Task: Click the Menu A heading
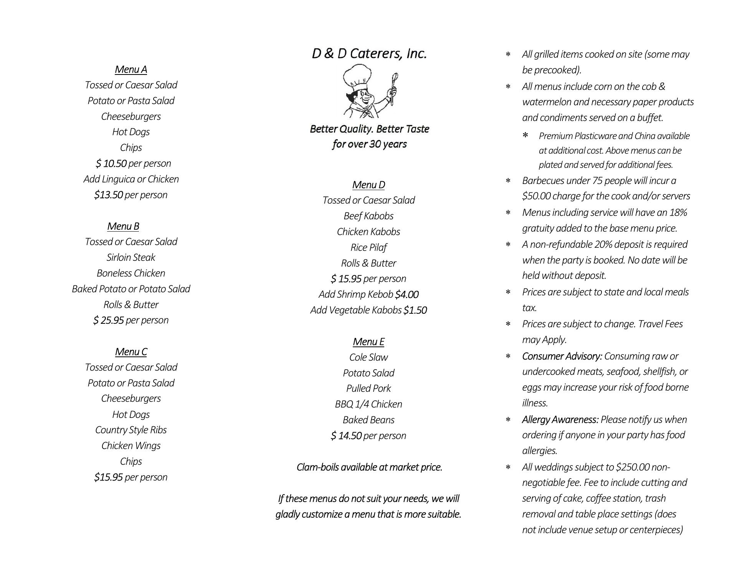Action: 131,70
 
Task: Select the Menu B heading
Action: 123,226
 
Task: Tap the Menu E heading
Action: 368,342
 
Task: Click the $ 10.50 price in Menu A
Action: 111,164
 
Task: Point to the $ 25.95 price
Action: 109,320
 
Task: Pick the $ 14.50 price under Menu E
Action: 346,436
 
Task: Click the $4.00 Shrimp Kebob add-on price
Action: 407,295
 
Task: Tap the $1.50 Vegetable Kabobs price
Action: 415,310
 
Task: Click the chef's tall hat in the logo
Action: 357,76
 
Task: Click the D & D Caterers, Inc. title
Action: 369,54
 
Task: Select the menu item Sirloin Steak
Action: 131,258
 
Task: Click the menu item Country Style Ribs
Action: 131,430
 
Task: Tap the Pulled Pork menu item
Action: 368,389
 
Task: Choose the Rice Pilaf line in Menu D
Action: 368,248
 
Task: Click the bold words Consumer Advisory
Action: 562,356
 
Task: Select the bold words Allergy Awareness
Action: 560,420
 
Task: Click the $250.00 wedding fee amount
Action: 633,467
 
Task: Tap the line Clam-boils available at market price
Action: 369,467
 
